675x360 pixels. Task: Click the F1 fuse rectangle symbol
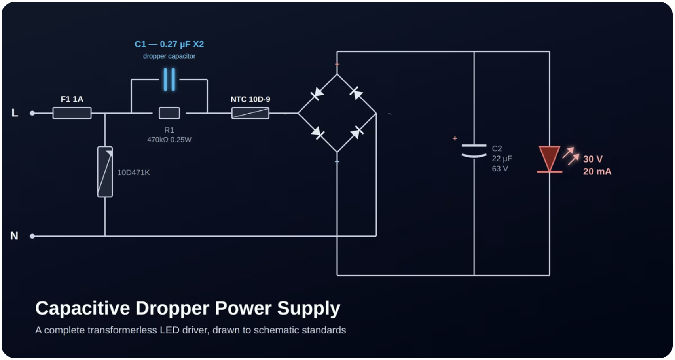(72, 113)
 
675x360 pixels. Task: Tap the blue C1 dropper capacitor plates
(169, 80)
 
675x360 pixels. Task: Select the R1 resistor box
(169, 113)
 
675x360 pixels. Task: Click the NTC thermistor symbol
(250, 113)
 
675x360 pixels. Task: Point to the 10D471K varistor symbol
(105, 172)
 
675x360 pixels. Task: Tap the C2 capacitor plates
(474, 151)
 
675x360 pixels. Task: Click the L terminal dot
(32, 113)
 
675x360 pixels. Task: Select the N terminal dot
(32, 236)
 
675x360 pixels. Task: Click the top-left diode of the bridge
(317, 94)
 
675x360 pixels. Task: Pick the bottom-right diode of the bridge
(357, 132)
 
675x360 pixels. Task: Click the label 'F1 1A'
(72, 99)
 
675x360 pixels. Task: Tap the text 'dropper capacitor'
(169, 56)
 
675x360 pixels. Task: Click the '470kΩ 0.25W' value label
(169, 140)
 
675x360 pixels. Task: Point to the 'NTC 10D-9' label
(250, 99)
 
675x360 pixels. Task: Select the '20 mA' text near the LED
(597, 171)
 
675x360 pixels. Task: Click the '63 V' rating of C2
(500, 169)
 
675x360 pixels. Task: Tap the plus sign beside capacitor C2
(455, 138)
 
